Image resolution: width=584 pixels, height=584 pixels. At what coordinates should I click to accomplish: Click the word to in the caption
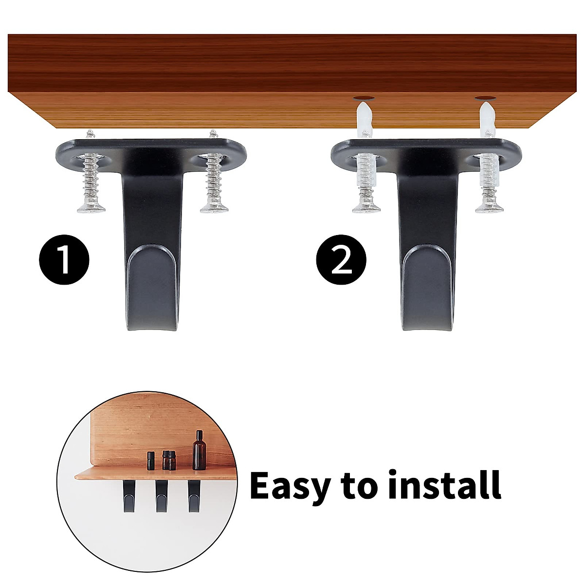(357, 487)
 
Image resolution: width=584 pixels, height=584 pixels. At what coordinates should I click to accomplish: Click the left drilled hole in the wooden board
(362, 97)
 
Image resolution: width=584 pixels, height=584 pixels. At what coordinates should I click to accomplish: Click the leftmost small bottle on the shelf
(151, 460)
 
